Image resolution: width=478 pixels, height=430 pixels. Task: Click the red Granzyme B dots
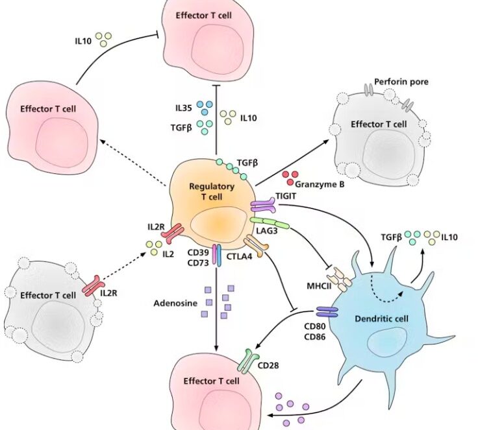tap(290, 175)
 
